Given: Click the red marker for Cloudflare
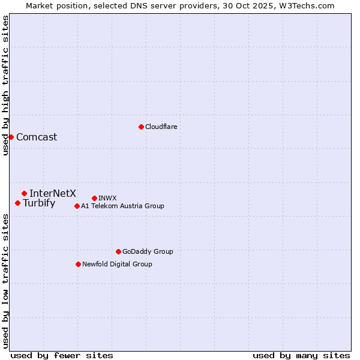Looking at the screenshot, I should [x=141, y=127].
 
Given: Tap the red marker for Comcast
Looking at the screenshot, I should [x=11, y=137].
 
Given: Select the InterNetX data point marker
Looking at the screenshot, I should [x=24, y=193].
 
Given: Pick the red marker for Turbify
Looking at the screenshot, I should [x=17, y=203].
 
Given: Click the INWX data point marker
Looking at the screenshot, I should [x=94, y=198].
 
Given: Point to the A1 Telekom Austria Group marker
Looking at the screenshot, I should [x=77, y=206].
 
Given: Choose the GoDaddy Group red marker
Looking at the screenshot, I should [x=118, y=251].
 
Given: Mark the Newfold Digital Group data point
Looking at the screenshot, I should [x=78, y=264].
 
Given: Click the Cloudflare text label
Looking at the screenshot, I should [x=161, y=127].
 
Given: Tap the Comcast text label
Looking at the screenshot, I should [x=37, y=137].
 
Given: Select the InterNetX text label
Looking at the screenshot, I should [x=53, y=193].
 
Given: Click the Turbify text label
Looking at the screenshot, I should [x=39, y=203].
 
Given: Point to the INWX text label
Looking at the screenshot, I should [x=107, y=198].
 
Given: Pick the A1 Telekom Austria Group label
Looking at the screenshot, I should [x=122, y=206].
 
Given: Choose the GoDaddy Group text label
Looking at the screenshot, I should [x=148, y=251].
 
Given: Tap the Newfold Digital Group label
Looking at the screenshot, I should [x=117, y=264].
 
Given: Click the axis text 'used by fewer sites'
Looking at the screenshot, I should [x=62, y=355].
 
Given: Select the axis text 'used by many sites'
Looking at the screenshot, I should [x=301, y=355].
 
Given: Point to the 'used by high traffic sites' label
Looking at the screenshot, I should [x=5, y=85].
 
